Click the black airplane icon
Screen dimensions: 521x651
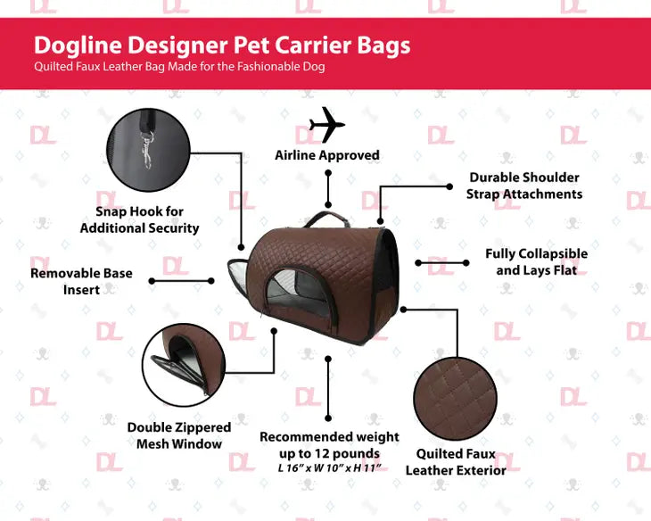click(326, 126)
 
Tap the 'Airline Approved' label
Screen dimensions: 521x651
click(326, 155)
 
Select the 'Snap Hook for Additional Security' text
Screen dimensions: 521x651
click(139, 219)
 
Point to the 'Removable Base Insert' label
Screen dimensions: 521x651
click(81, 281)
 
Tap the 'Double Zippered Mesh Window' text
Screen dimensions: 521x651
click(178, 435)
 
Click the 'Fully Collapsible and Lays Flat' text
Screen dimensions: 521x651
click(536, 261)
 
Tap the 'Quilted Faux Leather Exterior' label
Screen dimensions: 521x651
click(456, 462)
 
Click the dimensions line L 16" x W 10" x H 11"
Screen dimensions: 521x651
click(329, 468)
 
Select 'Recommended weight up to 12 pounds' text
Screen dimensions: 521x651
click(329, 445)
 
